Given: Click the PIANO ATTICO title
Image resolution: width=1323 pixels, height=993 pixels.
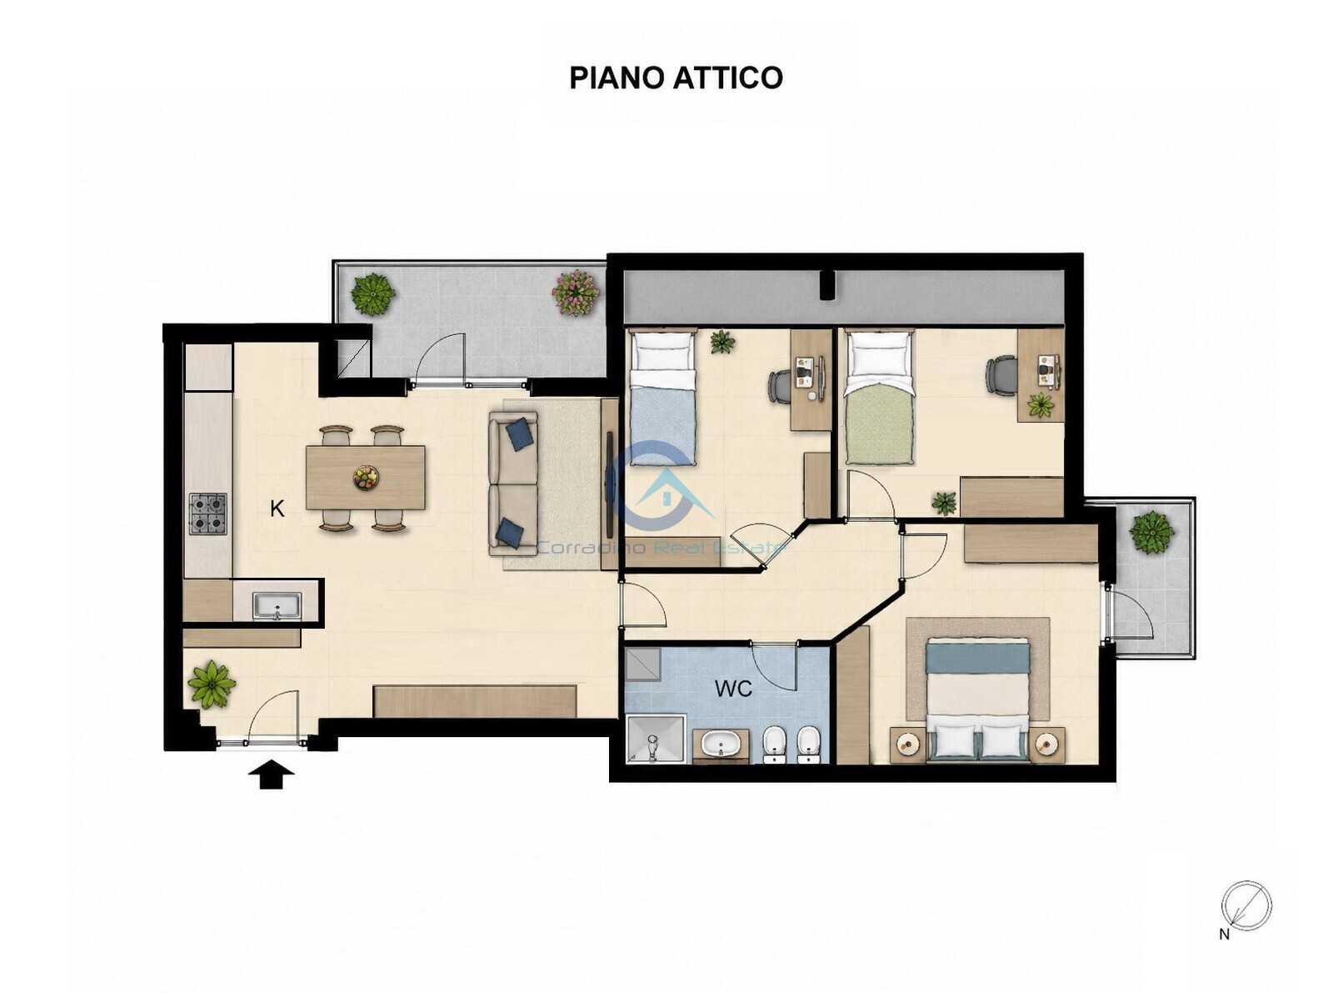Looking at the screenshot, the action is coord(676,78).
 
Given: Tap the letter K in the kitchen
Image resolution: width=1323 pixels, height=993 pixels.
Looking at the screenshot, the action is coord(277,509).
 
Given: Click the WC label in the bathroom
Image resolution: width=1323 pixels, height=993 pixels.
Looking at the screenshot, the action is coord(733,688).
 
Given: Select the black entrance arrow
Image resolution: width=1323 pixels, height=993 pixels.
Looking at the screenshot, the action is coord(272,775).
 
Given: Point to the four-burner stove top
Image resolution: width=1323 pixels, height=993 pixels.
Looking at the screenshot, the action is coord(208,514).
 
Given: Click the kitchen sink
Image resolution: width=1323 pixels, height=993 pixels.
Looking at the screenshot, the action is coord(277,605).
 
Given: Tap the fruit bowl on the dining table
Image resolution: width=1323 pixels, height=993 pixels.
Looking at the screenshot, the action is coord(366,478).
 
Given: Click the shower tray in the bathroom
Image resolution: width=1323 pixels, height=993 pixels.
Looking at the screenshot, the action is coord(656,739).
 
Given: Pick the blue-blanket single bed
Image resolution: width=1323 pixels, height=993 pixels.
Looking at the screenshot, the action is coord(662,397).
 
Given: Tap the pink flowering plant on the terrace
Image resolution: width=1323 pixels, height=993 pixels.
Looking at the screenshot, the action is coord(576,293).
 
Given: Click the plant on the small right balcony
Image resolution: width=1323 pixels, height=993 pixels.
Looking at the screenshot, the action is coord(1151,533).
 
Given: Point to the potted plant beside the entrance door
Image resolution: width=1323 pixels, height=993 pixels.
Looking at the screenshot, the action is coord(212,685).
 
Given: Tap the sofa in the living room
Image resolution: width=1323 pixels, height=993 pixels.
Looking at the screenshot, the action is coord(513,484).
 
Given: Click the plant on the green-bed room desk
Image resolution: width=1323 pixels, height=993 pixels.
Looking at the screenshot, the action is coord(1041,404).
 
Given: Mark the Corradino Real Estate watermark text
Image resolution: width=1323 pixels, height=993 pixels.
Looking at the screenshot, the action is coord(661,548).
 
